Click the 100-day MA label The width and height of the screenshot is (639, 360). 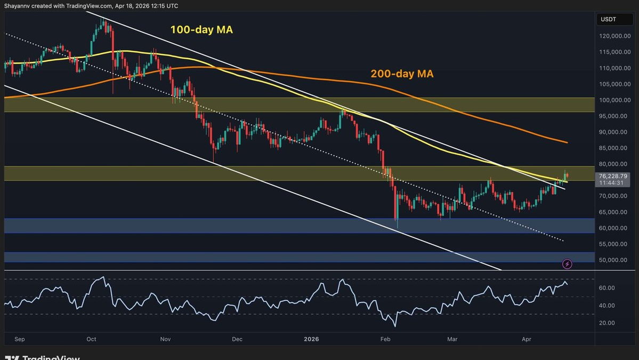pyautogui.click(x=201, y=30)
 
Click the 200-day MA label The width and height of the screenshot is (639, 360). pyautogui.click(x=402, y=74)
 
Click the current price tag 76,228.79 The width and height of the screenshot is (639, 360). pyautogui.click(x=613, y=175)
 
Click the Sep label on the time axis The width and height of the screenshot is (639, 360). pyautogui.click(x=20, y=339)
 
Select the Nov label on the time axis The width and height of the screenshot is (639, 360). pyautogui.click(x=165, y=339)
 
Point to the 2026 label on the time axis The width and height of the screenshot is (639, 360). pyautogui.click(x=311, y=339)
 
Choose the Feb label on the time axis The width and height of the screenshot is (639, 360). pyautogui.click(x=385, y=339)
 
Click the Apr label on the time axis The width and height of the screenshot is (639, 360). pyautogui.click(x=526, y=339)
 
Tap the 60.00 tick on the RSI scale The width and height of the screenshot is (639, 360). pyautogui.click(x=607, y=288)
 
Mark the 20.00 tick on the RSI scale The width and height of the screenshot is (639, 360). pyautogui.click(x=607, y=323)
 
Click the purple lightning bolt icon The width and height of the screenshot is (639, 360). pyautogui.click(x=567, y=264)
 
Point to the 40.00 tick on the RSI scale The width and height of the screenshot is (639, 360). pyautogui.click(x=607, y=306)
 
